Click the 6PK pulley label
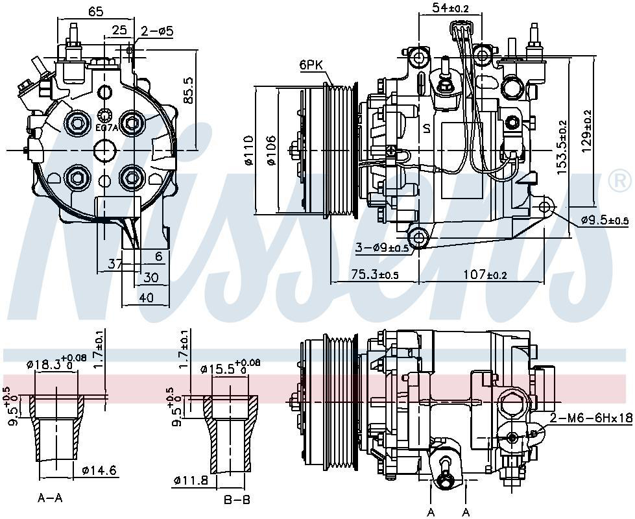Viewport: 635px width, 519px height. click(x=311, y=65)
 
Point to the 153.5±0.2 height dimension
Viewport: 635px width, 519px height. click(x=562, y=147)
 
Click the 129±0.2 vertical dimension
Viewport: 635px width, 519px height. click(x=587, y=130)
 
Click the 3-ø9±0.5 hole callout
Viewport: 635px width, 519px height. click(x=381, y=248)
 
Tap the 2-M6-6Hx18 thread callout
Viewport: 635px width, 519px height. click(x=590, y=418)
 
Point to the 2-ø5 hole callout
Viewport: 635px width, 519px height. click(x=156, y=30)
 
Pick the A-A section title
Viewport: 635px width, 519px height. click(x=51, y=499)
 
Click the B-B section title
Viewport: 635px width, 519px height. click(x=236, y=499)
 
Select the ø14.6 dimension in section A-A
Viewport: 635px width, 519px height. click(x=99, y=471)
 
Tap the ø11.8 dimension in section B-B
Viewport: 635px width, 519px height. click(x=191, y=481)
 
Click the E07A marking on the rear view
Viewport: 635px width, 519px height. click(x=107, y=128)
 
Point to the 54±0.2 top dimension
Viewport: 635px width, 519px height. click(x=449, y=8)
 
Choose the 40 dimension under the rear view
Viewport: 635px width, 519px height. click(x=147, y=298)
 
